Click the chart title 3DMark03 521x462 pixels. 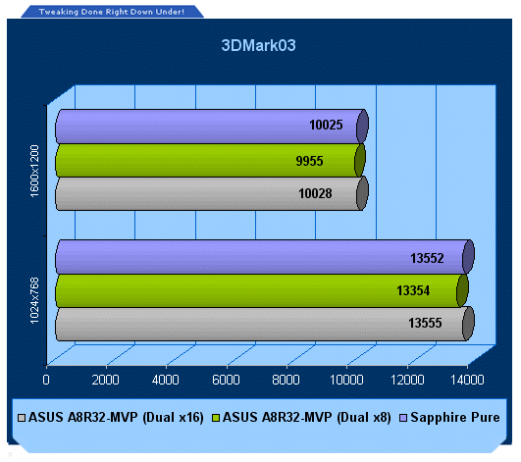click(258, 45)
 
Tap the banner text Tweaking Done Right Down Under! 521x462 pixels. click(111, 12)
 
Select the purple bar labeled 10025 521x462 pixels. click(212, 127)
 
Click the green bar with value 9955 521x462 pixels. click(210, 161)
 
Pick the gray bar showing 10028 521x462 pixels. click(212, 193)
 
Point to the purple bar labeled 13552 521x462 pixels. click(265, 257)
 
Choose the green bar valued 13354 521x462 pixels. click(262, 290)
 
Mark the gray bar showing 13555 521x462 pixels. click(265, 324)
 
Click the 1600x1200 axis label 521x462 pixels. click(34, 171)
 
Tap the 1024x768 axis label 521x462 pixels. click(34, 300)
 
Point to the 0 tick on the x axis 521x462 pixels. click(46, 380)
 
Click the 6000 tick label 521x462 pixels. click(226, 380)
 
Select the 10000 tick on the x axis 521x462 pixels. click(346, 380)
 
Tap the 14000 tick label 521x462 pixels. click(467, 380)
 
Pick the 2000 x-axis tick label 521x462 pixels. click(105, 380)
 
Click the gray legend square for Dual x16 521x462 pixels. click(22, 418)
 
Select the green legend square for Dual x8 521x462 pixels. click(216, 418)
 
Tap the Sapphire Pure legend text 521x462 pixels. click(455, 417)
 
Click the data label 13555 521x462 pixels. click(425, 323)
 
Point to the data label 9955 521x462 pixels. click(309, 161)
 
